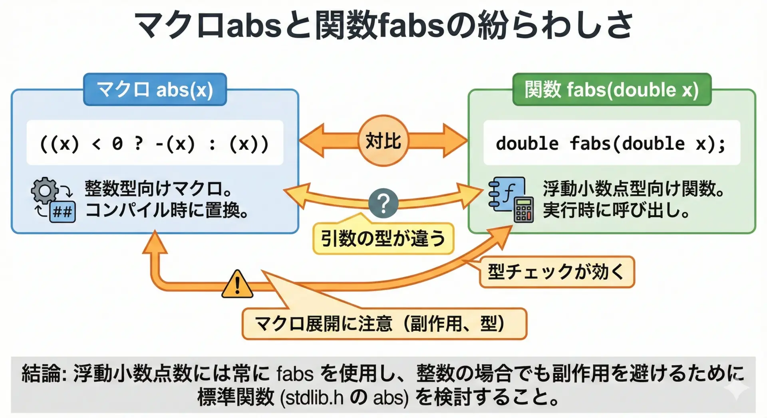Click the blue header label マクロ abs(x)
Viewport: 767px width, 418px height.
pyautogui.click(x=155, y=89)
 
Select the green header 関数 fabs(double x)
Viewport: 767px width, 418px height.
pyautogui.click(x=612, y=89)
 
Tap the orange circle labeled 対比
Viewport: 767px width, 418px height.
pyautogui.click(x=383, y=141)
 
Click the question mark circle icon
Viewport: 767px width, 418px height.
pyautogui.click(x=383, y=203)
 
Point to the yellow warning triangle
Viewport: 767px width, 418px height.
pyautogui.click(x=237, y=285)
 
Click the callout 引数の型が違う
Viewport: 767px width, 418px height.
pyautogui.click(x=383, y=239)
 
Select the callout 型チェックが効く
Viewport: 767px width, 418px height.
pyautogui.click(x=556, y=272)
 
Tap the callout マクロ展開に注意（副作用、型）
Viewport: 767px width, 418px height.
pyautogui.click(x=384, y=324)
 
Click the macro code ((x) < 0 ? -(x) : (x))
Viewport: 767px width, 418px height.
pyautogui.click(x=155, y=143)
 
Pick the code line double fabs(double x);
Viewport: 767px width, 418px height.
pyautogui.click(x=611, y=143)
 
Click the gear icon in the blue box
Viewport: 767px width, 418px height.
pyautogui.click(x=45, y=190)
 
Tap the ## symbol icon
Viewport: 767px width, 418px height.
pyautogui.click(x=63, y=211)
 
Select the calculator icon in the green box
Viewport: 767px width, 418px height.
pyautogui.click(x=524, y=210)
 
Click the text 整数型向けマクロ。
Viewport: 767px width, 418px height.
pyautogui.click(x=159, y=188)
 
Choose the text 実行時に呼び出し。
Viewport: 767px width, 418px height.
pyautogui.click(x=616, y=210)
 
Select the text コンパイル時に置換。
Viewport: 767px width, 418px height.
pyautogui.click(x=167, y=210)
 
